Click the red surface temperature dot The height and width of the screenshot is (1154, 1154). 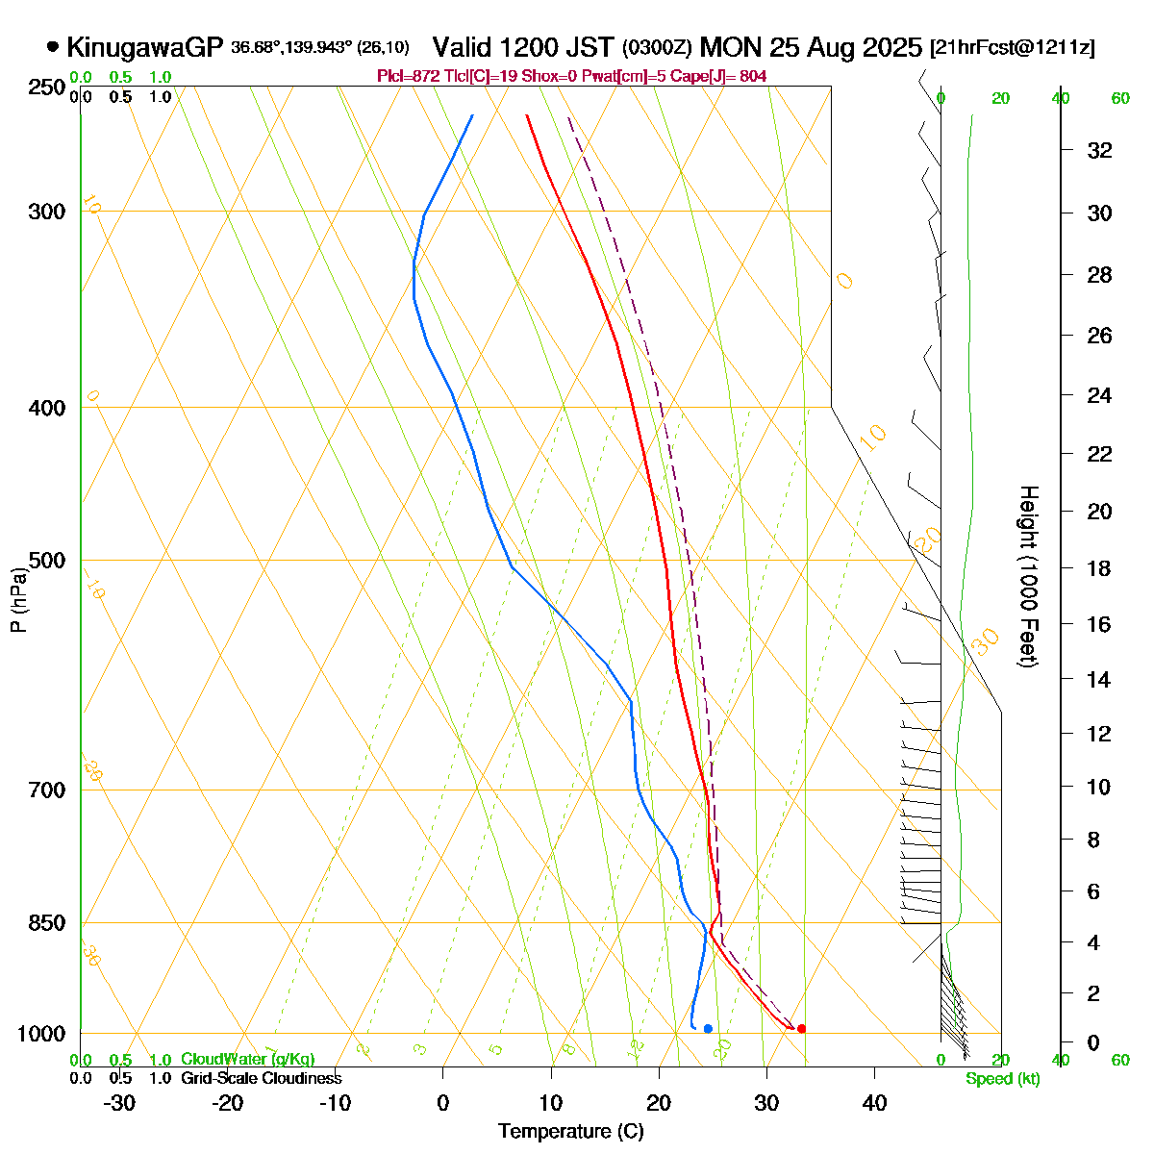[x=801, y=1029]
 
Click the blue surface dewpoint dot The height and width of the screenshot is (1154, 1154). [x=708, y=1029]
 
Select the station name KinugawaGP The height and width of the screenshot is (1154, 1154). [x=145, y=47]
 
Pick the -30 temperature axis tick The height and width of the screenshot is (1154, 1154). [x=119, y=1103]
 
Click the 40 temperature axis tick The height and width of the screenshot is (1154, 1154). [x=874, y=1103]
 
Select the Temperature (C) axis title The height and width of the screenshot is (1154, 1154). [x=571, y=1132]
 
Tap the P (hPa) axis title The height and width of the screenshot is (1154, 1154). [x=18, y=599]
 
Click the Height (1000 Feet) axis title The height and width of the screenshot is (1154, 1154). [x=1028, y=577]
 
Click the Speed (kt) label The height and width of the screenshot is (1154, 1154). [x=1003, y=1079]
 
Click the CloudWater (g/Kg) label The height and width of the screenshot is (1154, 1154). [x=248, y=1059]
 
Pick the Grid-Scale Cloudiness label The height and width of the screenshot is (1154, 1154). [x=261, y=1079]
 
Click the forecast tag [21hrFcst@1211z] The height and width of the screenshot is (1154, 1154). [x=1012, y=48]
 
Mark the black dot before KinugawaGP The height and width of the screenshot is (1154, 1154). [x=52, y=46]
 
